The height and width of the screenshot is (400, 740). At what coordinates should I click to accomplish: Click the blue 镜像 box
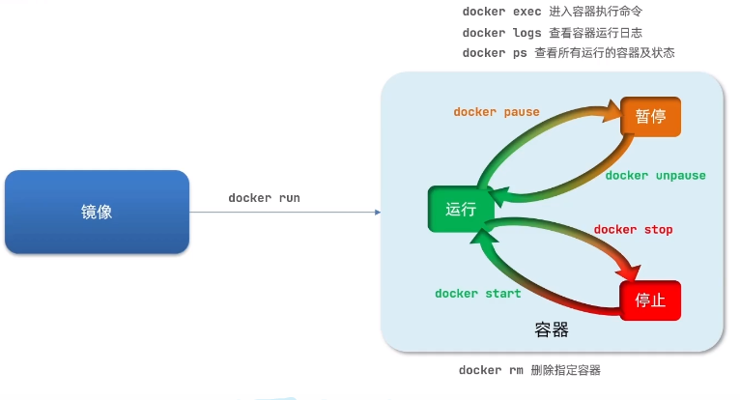pyautogui.click(x=96, y=212)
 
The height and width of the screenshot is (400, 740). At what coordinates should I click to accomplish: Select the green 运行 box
pyautogui.click(x=461, y=209)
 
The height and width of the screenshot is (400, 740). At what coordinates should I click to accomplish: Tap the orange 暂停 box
pyautogui.click(x=650, y=116)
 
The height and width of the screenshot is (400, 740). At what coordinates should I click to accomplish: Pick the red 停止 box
pyautogui.click(x=649, y=300)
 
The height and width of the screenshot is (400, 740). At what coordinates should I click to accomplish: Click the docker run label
pyautogui.click(x=264, y=198)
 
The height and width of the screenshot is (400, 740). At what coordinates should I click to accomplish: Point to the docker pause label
pyautogui.click(x=497, y=112)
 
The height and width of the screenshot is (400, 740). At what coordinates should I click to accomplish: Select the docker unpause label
pyautogui.click(x=655, y=176)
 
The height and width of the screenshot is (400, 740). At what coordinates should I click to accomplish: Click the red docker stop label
pyautogui.click(x=633, y=230)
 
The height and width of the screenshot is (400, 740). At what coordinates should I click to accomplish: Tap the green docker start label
pyautogui.click(x=477, y=294)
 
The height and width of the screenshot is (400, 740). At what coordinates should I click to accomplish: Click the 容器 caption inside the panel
pyautogui.click(x=551, y=330)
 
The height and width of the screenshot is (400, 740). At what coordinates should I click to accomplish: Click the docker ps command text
pyautogui.click(x=494, y=53)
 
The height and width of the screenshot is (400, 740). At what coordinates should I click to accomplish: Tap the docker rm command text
pyautogui.click(x=490, y=370)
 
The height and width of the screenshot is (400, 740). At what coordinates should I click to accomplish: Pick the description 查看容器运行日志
pyautogui.click(x=588, y=33)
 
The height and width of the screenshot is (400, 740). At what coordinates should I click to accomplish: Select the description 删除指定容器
pyautogui.click(x=567, y=370)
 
